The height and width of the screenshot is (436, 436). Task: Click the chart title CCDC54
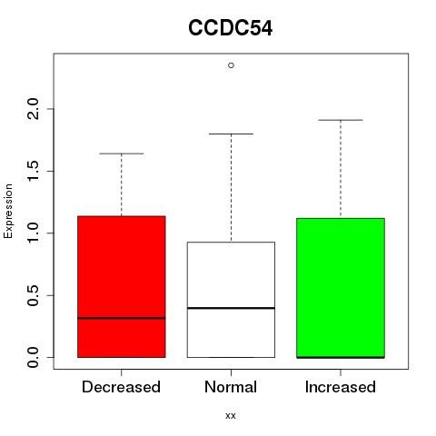pos(230,28)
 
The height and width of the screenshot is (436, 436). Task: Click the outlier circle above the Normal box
pos(231,65)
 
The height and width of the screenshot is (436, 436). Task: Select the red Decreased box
pos(122,287)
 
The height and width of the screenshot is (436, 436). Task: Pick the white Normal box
pos(231,300)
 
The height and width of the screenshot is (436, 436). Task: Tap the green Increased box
pos(341,288)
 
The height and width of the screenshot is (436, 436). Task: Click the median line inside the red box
pos(122,318)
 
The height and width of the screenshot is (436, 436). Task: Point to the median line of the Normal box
pos(231,308)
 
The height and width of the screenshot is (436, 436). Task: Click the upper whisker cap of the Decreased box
pos(122,154)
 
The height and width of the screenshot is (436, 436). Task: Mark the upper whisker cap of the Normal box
pos(231,134)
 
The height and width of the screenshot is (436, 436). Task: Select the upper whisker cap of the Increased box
pos(341,120)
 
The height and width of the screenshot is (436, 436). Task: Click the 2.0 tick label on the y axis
pos(34,109)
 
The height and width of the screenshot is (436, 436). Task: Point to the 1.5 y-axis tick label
pos(34,171)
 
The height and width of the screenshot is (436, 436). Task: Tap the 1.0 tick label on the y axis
pos(34,233)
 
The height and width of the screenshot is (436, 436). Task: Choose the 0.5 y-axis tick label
pos(34,295)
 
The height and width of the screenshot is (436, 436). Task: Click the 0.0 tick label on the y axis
pos(34,357)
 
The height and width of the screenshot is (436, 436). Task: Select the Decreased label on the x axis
pos(121,387)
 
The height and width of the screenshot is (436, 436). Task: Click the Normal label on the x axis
pos(231,387)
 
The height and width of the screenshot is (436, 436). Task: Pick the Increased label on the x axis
pos(341,387)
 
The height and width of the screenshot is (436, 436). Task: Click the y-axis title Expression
pos(8,211)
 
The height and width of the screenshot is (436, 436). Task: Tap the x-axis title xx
pos(231,416)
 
